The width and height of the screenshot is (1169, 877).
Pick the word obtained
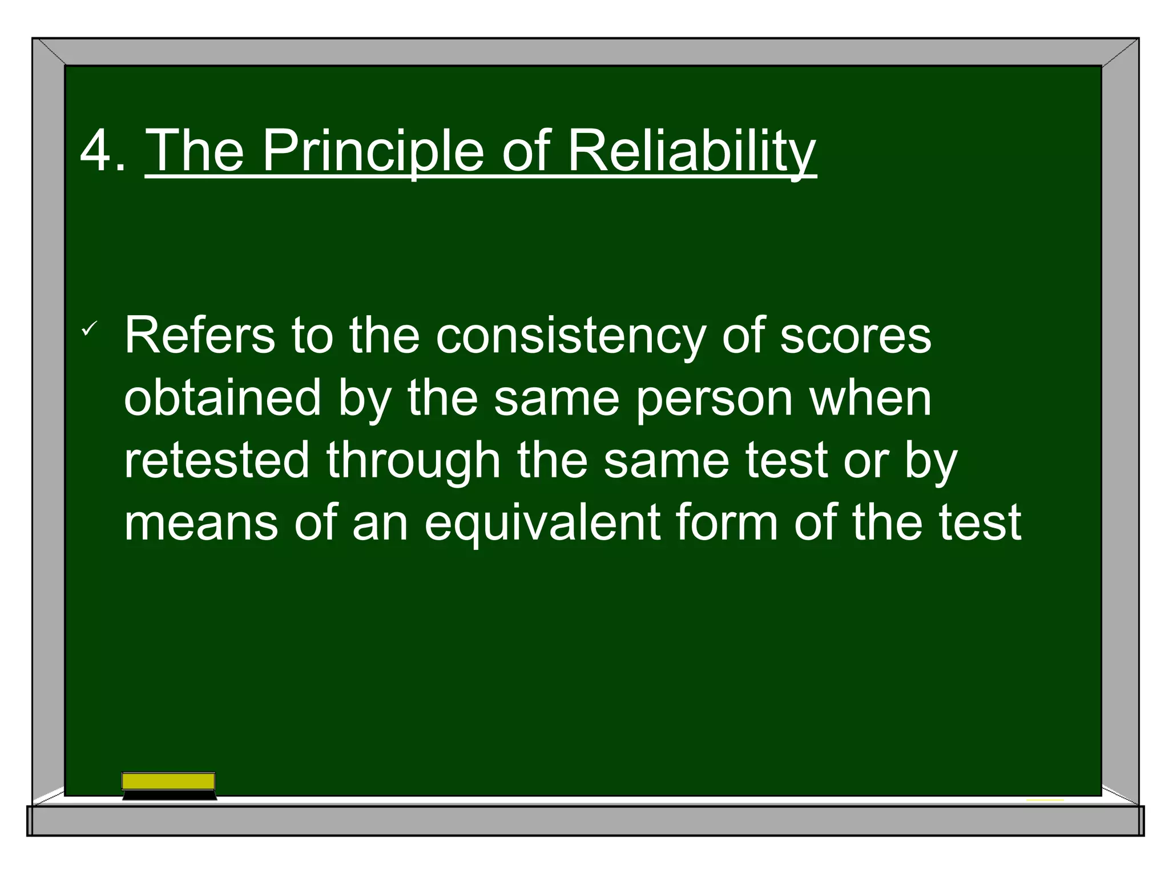(x=223, y=398)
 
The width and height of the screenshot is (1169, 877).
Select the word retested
(x=217, y=460)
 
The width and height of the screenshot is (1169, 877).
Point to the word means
(x=201, y=523)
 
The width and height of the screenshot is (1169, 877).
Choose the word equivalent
(x=542, y=523)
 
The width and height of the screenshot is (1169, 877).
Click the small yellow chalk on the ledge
(x=1045, y=800)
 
